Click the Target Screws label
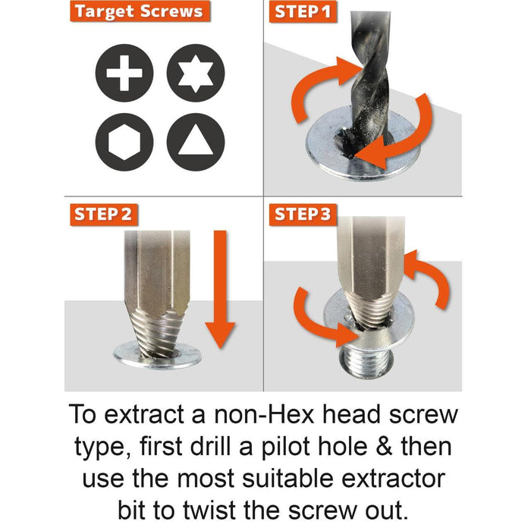click(138, 12)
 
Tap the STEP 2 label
click(102, 214)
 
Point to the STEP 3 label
click(303, 214)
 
